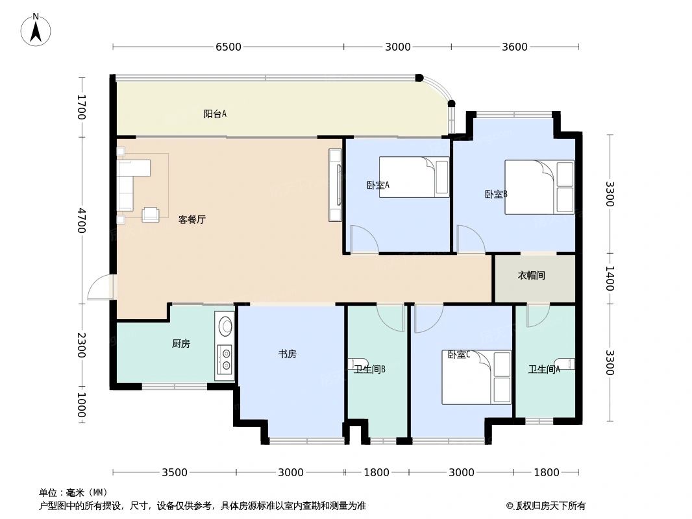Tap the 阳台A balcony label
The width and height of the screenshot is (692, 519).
point(215,114)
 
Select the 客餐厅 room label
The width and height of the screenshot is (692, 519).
point(192,220)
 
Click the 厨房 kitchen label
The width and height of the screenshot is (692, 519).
point(181,344)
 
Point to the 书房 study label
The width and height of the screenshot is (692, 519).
point(288,354)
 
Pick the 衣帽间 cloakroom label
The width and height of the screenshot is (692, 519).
point(531,276)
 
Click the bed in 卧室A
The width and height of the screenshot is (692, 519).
point(414,177)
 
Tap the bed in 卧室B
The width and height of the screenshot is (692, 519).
point(539,187)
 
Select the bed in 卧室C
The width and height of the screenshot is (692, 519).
point(476,377)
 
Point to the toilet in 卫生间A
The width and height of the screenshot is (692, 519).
point(565,363)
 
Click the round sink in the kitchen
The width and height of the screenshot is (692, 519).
point(225,324)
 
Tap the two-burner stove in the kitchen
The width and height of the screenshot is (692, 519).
point(225,361)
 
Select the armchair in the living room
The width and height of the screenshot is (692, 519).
point(151,214)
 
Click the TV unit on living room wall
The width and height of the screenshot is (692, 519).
point(335,185)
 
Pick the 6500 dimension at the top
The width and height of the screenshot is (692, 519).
point(229,47)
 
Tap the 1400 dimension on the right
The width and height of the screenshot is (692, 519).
point(610,278)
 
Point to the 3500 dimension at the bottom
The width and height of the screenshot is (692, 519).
point(175,472)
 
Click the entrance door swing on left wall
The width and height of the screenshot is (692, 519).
point(101,287)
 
